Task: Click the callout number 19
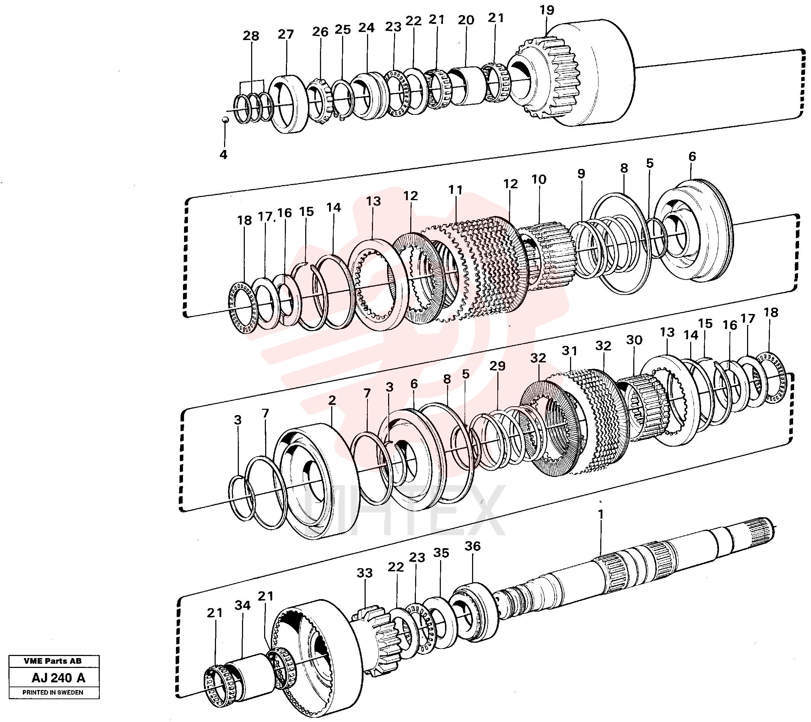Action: (x=547, y=10)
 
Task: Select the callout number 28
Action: (x=251, y=36)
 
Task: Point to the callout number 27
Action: (x=286, y=34)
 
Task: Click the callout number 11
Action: (x=456, y=190)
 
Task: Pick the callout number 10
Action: (x=539, y=179)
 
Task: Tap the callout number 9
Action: (x=581, y=173)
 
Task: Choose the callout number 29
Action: (x=498, y=366)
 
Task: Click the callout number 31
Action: (x=570, y=351)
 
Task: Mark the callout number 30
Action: (x=634, y=340)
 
